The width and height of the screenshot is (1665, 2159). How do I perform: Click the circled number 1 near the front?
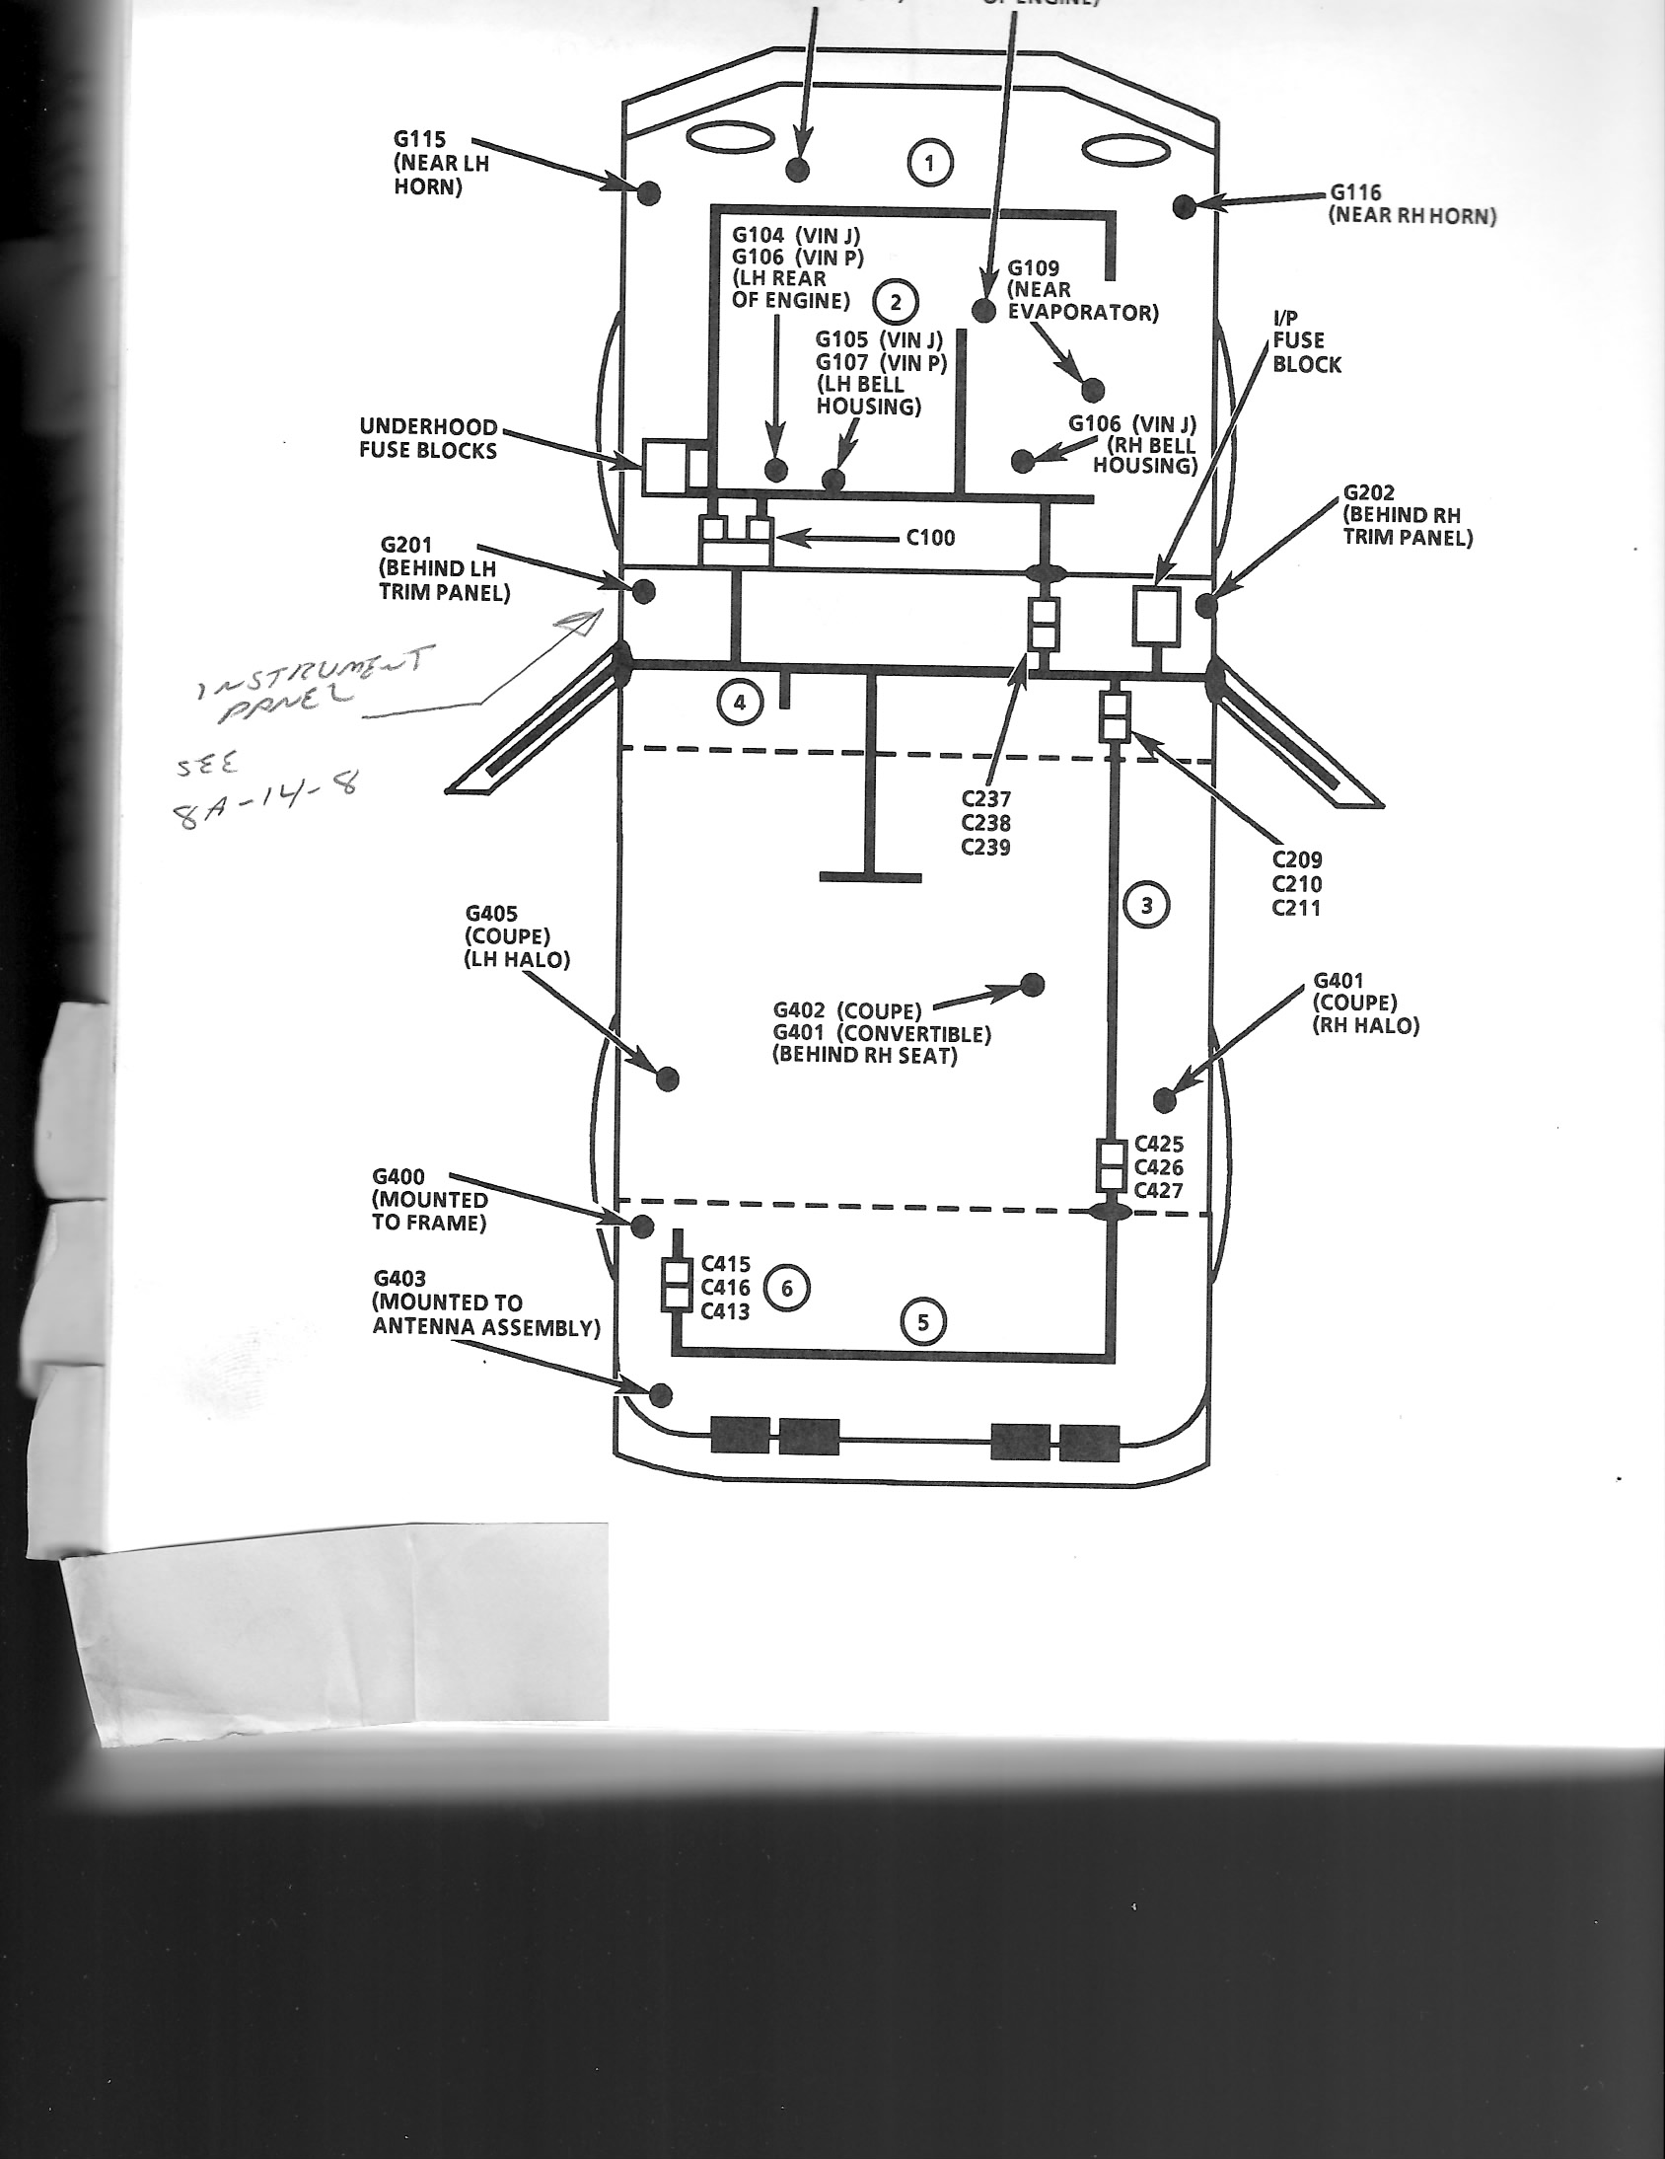pyautogui.click(x=930, y=163)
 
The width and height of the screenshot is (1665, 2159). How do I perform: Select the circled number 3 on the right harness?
pyautogui.click(x=1146, y=905)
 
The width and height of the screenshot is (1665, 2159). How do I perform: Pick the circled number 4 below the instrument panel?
pyautogui.click(x=740, y=703)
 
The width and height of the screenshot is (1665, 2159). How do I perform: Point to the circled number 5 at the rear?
pyautogui.click(x=924, y=1321)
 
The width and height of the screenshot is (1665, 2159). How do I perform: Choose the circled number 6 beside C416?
pyautogui.click(x=786, y=1288)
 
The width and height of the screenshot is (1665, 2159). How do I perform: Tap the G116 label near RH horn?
pyautogui.click(x=1354, y=192)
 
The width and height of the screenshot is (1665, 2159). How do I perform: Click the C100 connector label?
pyautogui.click(x=931, y=538)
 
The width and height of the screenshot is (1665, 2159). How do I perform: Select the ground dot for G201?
pyautogui.click(x=643, y=591)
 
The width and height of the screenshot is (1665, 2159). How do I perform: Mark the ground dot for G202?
pyautogui.click(x=1206, y=604)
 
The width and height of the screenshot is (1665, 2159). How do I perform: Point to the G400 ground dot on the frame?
pyautogui.click(x=642, y=1226)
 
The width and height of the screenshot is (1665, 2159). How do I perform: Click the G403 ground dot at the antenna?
pyautogui.click(x=661, y=1396)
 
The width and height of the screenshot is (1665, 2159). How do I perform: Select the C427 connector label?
pyautogui.click(x=1158, y=1191)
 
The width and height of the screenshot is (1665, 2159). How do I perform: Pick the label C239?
pyautogui.click(x=985, y=848)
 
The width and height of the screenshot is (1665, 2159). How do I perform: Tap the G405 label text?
pyautogui.click(x=491, y=915)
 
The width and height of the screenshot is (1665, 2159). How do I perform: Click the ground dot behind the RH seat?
pyautogui.click(x=1032, y=984)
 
